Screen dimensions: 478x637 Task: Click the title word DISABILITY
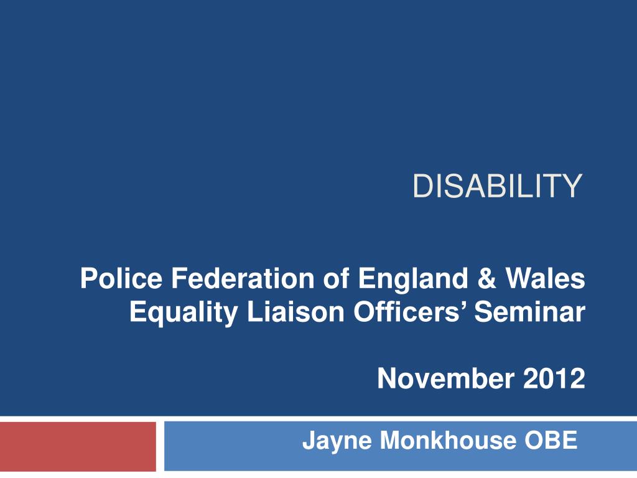[498, 186]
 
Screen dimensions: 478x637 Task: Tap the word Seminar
[529, 311]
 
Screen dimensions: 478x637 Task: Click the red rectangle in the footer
[78, 446]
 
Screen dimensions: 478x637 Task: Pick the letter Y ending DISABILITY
[573, 186]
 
